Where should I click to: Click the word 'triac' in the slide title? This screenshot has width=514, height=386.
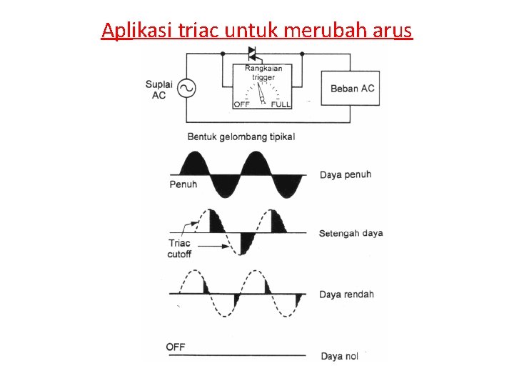point(201,31)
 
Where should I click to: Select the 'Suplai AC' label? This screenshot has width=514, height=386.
point(158,89)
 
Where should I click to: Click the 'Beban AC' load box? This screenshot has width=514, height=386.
point(351,89)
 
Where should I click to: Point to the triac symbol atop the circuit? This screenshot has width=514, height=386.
point(252,54)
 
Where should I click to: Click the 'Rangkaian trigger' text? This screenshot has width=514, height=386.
point(263,73)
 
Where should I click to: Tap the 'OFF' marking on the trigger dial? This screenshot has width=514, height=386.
point(241,104)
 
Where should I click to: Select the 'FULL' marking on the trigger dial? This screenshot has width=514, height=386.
point(281,104)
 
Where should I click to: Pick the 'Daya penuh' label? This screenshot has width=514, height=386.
point(346,174)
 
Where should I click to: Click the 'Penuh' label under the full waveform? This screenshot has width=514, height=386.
point(183,184)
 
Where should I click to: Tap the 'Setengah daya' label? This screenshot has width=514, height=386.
point(351,234)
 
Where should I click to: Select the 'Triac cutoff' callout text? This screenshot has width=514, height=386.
point(179,248)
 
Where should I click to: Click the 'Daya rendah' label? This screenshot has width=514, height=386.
point(346,295)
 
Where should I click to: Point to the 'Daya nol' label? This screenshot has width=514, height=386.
point(340,356)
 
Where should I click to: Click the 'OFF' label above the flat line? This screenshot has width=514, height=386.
point(176,347)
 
